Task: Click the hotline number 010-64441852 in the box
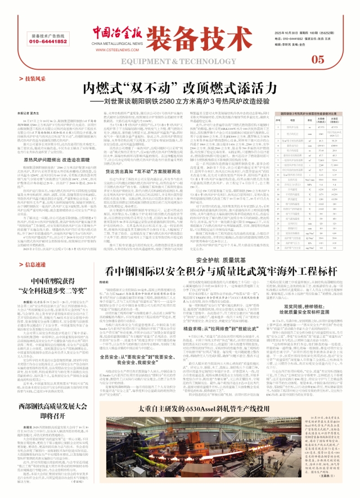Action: point(50,41)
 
